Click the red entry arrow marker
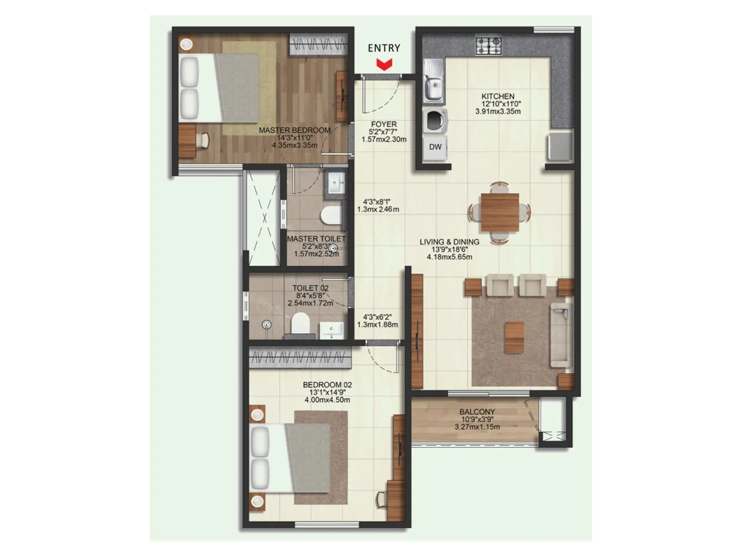[x=384, y=64]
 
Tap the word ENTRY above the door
[x=384, y=48]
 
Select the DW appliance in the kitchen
[x=435, y=147]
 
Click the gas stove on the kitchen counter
[x=489, y=45]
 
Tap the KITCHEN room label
[x=498, y=96]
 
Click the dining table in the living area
[x=499, y=212]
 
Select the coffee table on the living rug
[x=515, y=337]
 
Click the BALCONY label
[x=477, y=411]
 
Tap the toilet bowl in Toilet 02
[x=300, y=322]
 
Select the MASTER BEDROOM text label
[x=295, y=131]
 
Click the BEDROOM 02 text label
[x=327, y=385]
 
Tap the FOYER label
[x=383, y=124]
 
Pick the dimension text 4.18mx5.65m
[x=449, y=257]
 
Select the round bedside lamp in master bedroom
[x=186, y=44]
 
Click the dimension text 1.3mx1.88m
[x=377, y=324]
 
